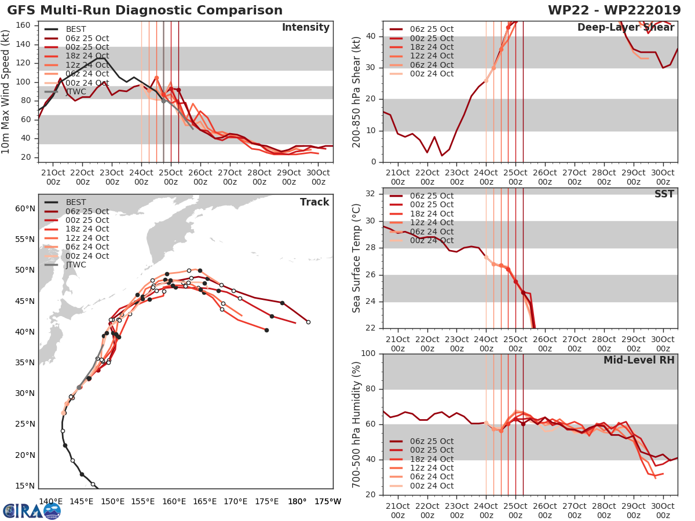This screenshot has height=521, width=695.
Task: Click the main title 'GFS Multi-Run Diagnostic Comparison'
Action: pyautogui.click(x=145, y=10)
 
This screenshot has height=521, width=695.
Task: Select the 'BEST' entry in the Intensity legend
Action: pyautogui.click(x=76, y=30)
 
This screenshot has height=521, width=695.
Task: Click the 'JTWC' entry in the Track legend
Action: pyautogui.click(x=76, y=265)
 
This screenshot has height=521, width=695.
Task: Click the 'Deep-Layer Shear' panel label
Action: pyautogui.click(x=625, y=28)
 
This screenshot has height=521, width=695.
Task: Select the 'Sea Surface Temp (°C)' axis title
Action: pyautogui.click(x=357, y=258)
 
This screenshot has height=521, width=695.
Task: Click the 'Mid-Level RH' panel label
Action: pyautogui.click(x=639, y=360)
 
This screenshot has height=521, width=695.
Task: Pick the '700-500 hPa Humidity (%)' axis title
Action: pyautogui.click(x=357, y=424)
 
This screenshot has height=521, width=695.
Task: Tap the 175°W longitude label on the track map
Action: pyautogui.click(x=328, y=502)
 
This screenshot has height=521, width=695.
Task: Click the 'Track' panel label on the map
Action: pyautogui.click(x=314, y=202)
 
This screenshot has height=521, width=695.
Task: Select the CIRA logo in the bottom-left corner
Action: pyautogui.click(x=31, y=511)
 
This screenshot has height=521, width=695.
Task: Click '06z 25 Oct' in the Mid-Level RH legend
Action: pyautogui.click(x=431, y=442)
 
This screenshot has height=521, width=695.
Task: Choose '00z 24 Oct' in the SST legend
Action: pyautogui.click(x=431, y=241)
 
